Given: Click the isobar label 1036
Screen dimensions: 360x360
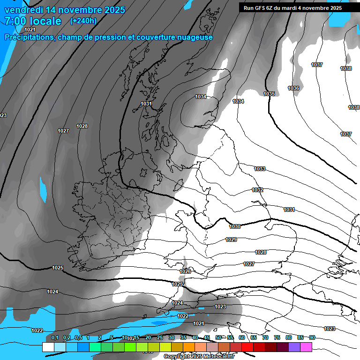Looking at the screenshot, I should coord(293,88).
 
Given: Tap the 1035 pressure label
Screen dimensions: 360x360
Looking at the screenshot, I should coord(269,94).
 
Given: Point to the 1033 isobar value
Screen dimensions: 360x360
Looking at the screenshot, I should coord(260,169).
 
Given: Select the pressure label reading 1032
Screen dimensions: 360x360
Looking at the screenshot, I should coord(257,190).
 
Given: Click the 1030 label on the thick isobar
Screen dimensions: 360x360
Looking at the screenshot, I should coord(235,226).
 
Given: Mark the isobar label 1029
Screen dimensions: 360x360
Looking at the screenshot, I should coord(231,240).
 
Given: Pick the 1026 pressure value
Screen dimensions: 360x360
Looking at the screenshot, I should coord(185,271).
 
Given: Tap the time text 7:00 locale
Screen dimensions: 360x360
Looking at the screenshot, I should coord(33,21).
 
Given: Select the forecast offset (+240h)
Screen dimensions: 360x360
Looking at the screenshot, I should coord(83,21).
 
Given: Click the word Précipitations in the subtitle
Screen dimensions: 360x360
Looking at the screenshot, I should coord(29,37).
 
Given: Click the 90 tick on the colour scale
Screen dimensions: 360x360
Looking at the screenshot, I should coord(312,337).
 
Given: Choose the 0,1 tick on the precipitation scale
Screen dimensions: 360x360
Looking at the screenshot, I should coord(55,337).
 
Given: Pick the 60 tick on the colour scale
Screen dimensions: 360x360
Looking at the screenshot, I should coord(242,337).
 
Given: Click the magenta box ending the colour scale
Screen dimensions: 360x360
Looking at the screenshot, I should coord(306,347).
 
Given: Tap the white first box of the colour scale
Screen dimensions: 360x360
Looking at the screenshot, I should coord(48,347).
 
